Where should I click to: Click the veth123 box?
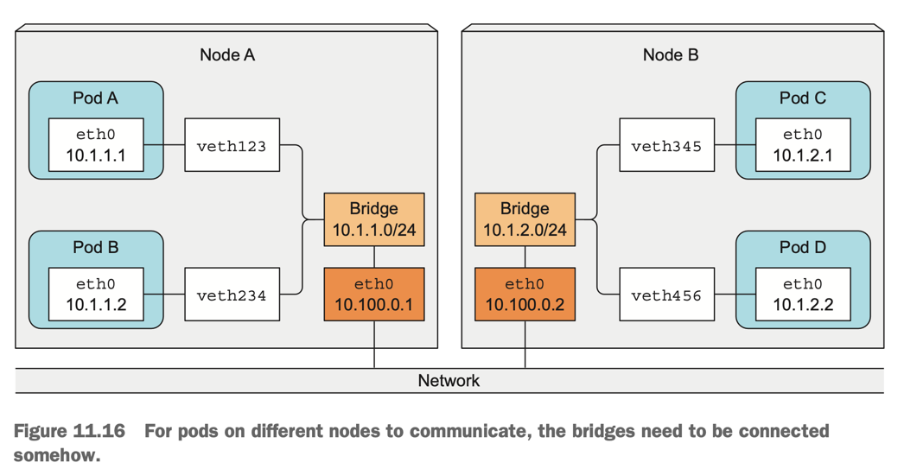coord(232,146)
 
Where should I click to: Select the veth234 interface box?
coord(232,295)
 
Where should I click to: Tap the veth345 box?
coord(666,146)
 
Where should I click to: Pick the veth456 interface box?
coord(666,295)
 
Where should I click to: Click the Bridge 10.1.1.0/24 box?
coord(373,219)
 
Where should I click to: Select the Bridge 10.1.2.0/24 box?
coord(525,219)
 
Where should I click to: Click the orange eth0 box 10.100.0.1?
coord(373,295)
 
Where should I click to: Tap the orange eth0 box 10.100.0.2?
coord(525,295)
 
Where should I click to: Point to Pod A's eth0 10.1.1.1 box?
coord(96,146)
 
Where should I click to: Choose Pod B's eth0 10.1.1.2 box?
coord(96,295)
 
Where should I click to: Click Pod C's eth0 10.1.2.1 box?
coord(802,146)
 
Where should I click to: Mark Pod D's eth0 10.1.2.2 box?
coord(802,295)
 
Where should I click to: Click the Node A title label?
coord(227,55)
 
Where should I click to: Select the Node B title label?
coord(670,55)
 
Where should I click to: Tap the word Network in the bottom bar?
coord(449,381)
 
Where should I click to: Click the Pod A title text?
coord(95,98)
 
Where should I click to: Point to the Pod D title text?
coord(802,248)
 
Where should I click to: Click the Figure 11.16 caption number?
coord(69,431)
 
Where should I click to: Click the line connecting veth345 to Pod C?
coord(735,146)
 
